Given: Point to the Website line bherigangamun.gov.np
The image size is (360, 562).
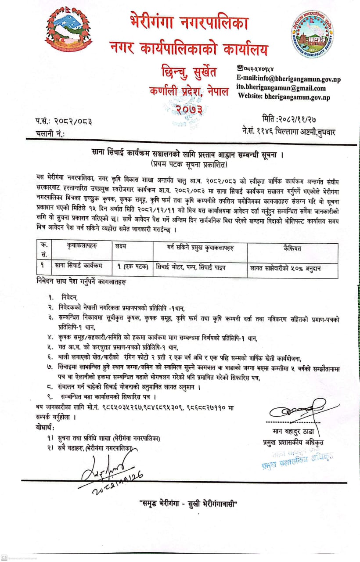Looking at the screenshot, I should click(284, 97).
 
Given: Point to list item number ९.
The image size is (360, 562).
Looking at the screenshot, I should click(51, 397).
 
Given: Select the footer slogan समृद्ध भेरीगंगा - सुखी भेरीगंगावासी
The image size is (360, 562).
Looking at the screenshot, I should click(187, 504).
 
